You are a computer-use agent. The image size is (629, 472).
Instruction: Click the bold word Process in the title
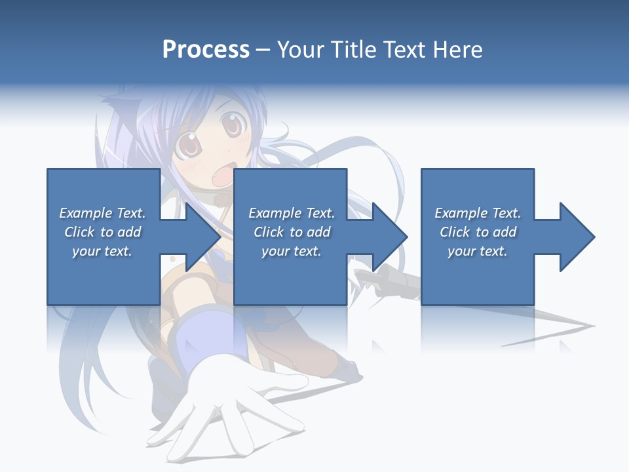(206, 50)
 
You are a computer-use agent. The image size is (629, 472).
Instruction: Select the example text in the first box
(102, 232)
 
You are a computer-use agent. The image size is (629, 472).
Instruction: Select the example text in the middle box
(292, 232)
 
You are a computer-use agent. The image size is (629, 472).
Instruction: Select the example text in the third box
(478, 232)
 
